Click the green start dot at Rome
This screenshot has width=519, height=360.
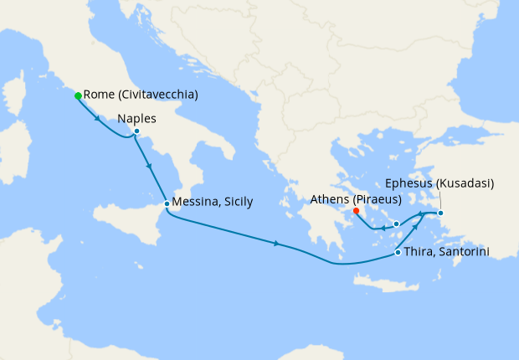pos(78,95)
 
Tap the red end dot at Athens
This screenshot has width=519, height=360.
pos(357,211)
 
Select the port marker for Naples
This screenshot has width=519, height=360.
pos(136,131)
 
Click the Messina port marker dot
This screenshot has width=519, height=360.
pos(167,203)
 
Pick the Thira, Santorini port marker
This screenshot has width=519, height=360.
pos(396,252)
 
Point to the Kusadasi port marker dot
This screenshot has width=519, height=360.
pos(441,213)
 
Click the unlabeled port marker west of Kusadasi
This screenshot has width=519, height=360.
pos(396,224)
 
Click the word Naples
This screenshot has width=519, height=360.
pos(137,118)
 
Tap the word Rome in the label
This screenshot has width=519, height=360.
pos(100,95)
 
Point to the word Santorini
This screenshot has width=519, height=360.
pos(463,252)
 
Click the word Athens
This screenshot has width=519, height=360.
pos(330,199)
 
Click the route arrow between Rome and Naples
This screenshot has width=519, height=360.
pos(100,118)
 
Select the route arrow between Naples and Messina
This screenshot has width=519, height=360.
pos(150,167)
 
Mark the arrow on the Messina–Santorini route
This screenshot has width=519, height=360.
pos(277,244)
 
